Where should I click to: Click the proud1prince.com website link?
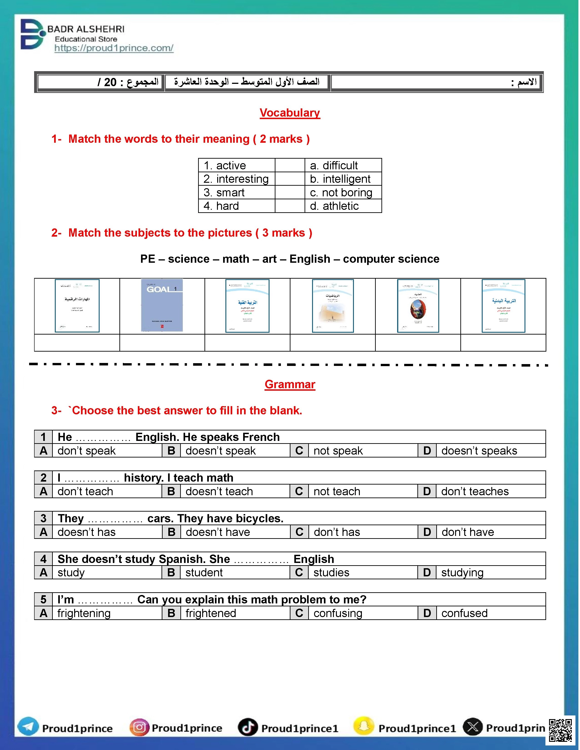(x=114, y=48)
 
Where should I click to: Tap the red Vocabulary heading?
(x=290, y=113)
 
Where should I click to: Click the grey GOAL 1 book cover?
(x=162, y=305)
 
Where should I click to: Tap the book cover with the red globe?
(x=418, y=306)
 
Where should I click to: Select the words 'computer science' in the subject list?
(x=391, y=259)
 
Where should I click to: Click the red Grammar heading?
(x=290, y=384)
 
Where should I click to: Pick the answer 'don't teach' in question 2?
(x=85, y=491)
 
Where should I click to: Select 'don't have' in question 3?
(x=468, y=532)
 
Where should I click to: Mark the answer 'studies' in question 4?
(x=331, y=573)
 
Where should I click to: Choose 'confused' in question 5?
(x=464, y=613)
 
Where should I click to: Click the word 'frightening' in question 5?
(x=84, y=613)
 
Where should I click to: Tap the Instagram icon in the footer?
(x=139, y=727)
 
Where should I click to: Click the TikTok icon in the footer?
(x=248, y=727)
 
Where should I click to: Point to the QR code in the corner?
(x=560, y=730)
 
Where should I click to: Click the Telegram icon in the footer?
(x=28, y=727)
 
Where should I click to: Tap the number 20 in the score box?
(x=110, y=82)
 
